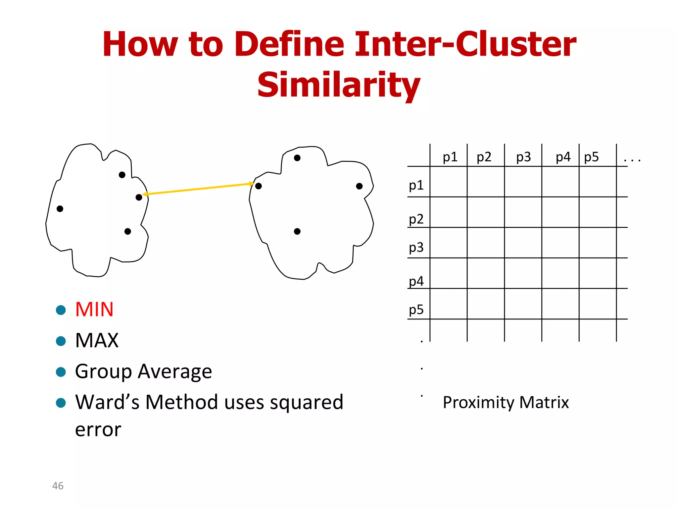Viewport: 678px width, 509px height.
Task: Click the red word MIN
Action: pos(94,310)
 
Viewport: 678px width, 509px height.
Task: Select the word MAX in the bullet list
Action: pos(97,340)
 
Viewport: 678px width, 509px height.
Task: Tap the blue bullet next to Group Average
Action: pos(61,372)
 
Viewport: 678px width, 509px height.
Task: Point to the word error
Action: pos(98,430)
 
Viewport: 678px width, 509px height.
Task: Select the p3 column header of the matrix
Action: pos(523,157)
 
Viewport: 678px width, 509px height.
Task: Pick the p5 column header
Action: pos(591,157)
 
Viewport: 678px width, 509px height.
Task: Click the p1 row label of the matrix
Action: pos(416,185)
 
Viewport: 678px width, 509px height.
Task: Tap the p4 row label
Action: pos(416,281)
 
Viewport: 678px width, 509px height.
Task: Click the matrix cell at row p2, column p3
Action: pos(523,212)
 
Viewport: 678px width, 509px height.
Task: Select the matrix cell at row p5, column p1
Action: pos(449,304)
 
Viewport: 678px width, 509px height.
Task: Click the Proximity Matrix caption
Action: pos(506,402)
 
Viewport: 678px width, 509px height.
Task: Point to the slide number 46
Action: pos(58,486)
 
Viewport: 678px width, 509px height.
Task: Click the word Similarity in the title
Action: pos(339,85)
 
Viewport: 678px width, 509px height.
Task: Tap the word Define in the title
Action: pos(289,44)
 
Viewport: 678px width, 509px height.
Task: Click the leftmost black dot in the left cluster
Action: pos(60,209)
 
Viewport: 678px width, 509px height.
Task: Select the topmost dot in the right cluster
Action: pos(297,158)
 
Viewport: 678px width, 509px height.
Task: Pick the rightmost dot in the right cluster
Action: pos(359,186)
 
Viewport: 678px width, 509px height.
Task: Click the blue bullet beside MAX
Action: pos(61,341)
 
